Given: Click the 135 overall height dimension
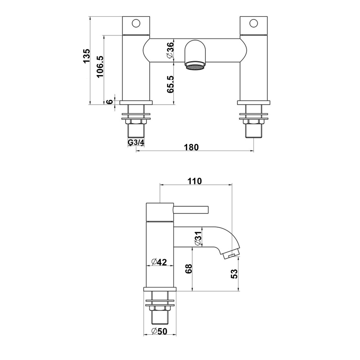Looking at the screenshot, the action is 86,56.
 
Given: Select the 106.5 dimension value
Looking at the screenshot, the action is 100,67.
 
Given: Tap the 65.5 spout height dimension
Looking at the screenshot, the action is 171,84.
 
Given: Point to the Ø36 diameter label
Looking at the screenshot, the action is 171,50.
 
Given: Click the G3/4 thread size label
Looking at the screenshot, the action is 136,143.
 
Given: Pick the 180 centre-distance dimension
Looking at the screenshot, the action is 191,147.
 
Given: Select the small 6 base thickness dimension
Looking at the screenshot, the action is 110,101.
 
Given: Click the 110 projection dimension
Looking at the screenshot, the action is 195,181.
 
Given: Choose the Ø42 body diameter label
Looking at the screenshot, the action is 159,262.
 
